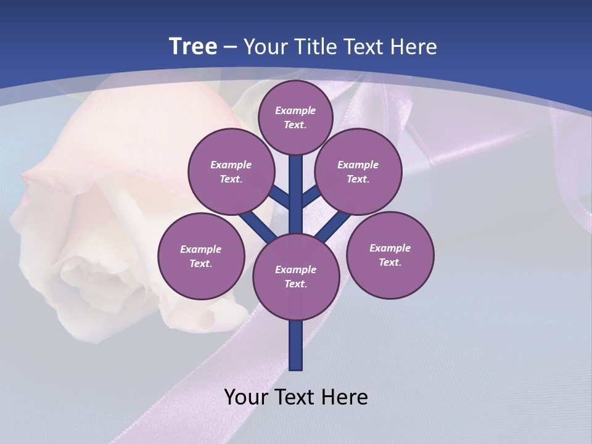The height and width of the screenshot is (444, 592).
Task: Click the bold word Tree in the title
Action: click(193, 47)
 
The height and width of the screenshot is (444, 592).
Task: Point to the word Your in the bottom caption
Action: click(247, 397)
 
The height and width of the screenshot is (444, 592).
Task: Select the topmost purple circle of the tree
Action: click(295, 117)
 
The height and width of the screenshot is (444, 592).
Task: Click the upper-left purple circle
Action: click(231, 171)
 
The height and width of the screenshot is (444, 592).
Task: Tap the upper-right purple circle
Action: click(358, 171)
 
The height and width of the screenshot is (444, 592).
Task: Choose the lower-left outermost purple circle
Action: click(201, 256)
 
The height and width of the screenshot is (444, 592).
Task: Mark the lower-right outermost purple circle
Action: click(390, 255)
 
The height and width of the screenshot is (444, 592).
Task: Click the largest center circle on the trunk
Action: click(296, 276)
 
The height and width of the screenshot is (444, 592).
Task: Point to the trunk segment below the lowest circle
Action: click(296, 345)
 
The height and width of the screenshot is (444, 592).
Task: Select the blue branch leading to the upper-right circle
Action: click(310, 197)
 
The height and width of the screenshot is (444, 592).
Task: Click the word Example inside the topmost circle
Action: click(295, 111)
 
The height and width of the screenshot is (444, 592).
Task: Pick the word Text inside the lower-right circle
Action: click(390, 262)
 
